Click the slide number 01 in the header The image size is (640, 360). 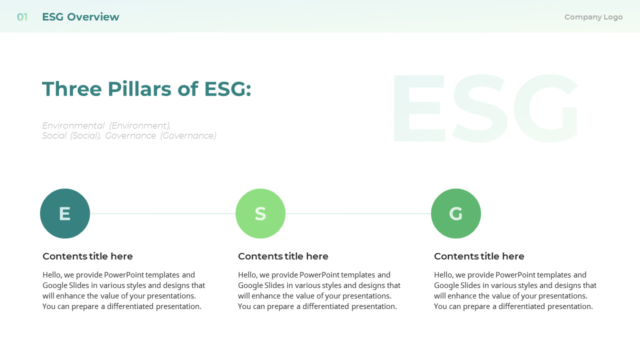(x=22, y=17)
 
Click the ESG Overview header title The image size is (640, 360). (x=80, y=17)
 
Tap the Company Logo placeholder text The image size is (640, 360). (x=593, y=17)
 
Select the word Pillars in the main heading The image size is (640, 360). (x=139, y=89)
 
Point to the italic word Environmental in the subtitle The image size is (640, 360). (x=73, y=125)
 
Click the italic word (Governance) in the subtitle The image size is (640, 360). (x=188, y=135)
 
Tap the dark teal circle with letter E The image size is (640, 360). (x=65, y=213)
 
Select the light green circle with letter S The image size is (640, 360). (x=260, y=213)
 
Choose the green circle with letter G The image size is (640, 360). (x=456, y=213)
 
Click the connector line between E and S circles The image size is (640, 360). (x=162, y=213)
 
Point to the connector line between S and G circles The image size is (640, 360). (x=358, y=213)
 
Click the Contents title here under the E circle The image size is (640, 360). (x=87, y=256)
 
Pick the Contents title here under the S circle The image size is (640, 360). (x=283, y=256)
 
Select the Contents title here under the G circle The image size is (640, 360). (x=479, y=256)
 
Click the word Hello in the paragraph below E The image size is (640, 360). (x=52, y=275)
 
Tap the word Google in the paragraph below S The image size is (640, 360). (x=250, y=285)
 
